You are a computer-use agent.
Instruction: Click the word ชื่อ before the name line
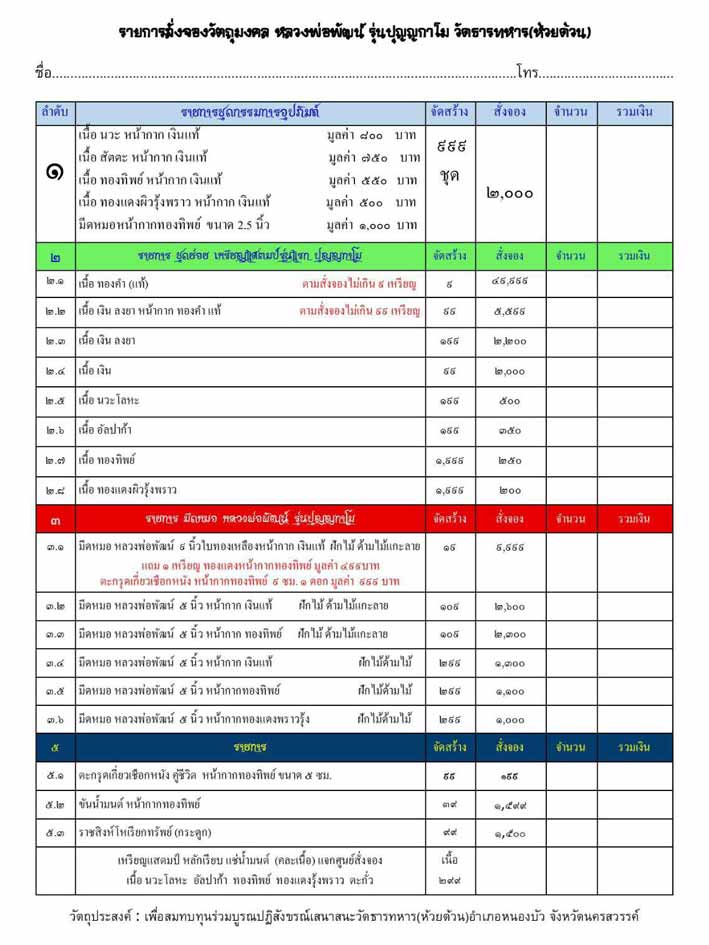coord(42,72)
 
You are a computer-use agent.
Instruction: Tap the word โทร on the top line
coord(527,72)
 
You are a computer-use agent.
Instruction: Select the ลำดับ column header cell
coord(55,112)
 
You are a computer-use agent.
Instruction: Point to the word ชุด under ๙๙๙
coord(450,175)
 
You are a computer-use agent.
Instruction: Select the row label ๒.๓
coord(55,341)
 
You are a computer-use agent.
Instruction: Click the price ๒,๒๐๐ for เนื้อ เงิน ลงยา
coord(510,341)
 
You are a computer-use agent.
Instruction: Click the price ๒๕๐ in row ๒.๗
coord(510,460)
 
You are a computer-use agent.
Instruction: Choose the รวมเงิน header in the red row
coord(634,519)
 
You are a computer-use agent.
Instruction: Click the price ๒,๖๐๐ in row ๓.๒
coord(510,606)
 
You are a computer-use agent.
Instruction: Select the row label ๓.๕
coord(55,690)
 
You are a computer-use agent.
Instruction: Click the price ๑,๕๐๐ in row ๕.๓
coord(510,832)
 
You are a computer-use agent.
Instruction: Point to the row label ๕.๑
coord(55,775)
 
